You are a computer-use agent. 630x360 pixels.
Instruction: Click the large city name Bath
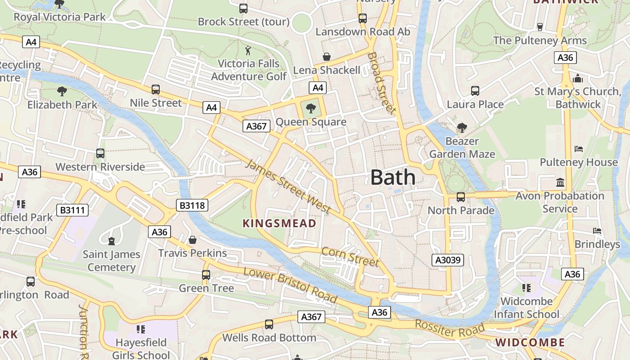click(393, 177)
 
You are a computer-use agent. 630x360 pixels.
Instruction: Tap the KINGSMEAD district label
click(279, 223)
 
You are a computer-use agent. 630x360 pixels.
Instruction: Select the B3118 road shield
click(192, 206)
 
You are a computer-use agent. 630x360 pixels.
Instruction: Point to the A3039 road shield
click(447, 260)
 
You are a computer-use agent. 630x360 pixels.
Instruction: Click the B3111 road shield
click(72, 210)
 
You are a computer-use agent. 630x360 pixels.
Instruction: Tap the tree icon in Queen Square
click(310, 108)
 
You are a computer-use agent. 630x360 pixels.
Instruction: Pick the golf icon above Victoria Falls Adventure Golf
click(248, 50)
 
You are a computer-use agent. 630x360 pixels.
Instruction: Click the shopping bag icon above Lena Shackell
click(327, 57)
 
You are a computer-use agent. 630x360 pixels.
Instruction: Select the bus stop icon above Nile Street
click(156, 90)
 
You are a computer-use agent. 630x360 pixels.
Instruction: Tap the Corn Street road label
click(350, 256)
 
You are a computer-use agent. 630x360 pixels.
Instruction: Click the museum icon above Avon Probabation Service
click(560, 183)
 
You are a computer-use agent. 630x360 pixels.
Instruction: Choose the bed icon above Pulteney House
click(579, 149)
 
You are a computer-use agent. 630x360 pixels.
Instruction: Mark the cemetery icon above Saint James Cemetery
click(112, 241)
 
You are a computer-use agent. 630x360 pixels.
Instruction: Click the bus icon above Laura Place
click(475, 91)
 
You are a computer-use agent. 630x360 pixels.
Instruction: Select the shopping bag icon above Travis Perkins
click(193, 240)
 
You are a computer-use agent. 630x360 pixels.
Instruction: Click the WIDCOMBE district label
click(530, 342)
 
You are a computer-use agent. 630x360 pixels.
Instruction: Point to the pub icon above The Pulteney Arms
click(540, 27)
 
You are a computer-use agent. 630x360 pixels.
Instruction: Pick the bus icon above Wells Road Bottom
click(269, 324)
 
